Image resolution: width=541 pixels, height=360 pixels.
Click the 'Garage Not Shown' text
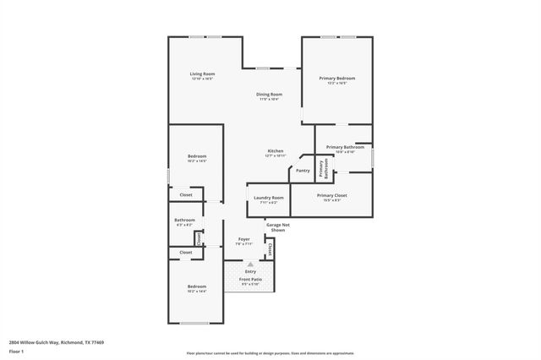coord(279,227)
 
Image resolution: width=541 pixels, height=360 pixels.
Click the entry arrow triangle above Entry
coord(250,265)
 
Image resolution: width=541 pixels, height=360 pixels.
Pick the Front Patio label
coord(250,279)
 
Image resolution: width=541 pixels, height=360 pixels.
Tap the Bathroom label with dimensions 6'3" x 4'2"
coord(185,222)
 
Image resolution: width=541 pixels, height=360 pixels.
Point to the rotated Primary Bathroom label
coord(323,170)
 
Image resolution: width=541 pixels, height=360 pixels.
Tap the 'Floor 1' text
coord(15,350)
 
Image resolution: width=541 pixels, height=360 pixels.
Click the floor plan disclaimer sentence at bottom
coord(270,353)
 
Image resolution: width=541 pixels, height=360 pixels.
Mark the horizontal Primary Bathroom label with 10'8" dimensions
coord(345,149)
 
